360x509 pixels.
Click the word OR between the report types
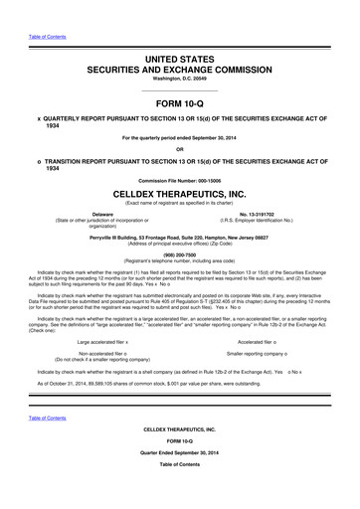[180, 151]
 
